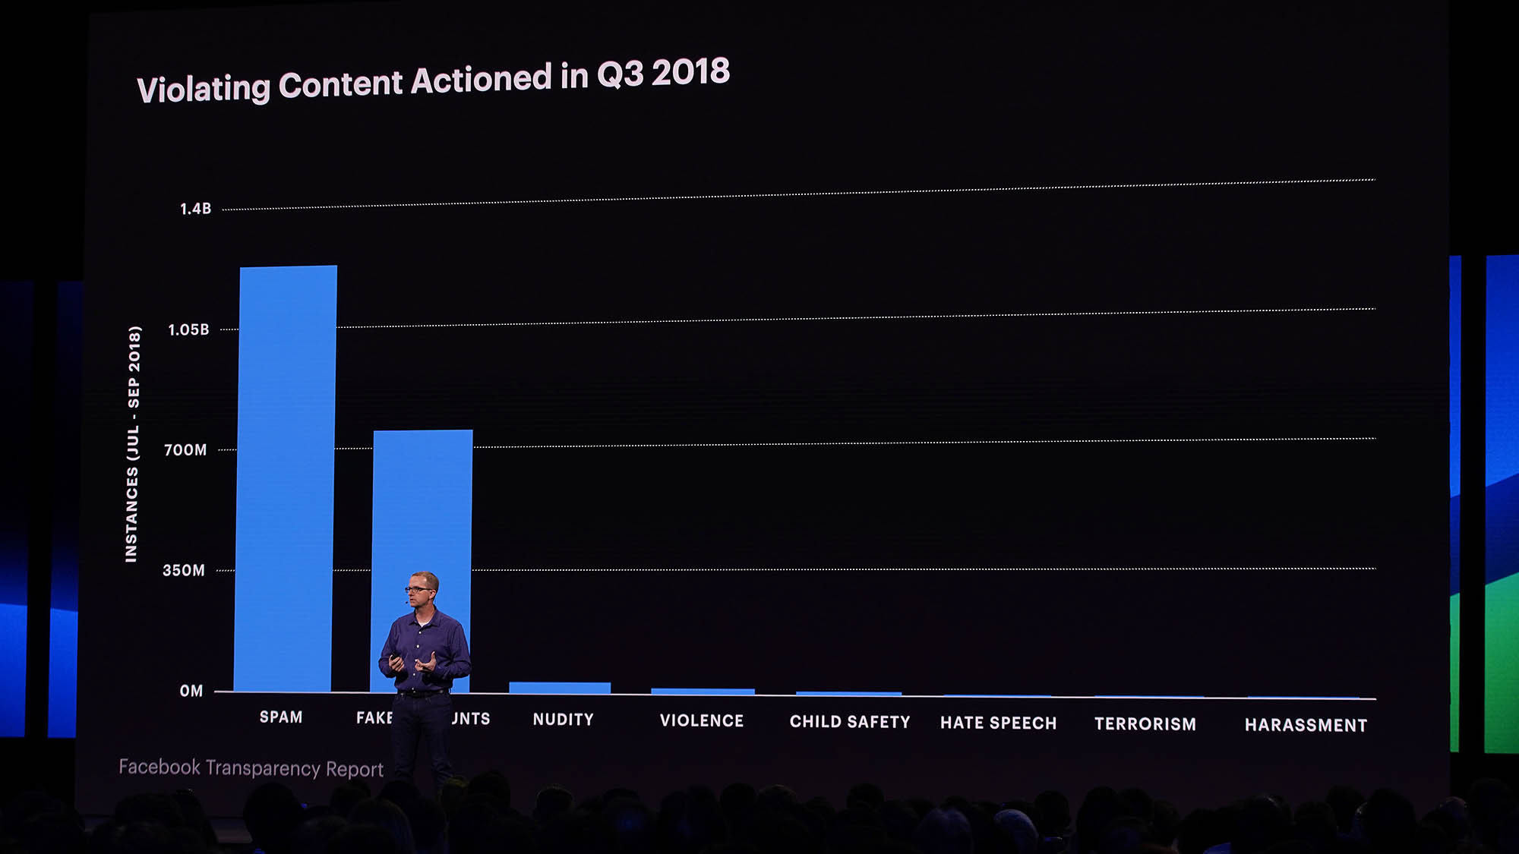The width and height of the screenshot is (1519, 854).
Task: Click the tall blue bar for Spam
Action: click(x=285, y=478)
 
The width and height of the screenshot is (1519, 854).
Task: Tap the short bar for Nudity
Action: click(x=560, y=688)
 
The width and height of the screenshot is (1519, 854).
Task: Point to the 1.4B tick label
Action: click(x=195, y=209)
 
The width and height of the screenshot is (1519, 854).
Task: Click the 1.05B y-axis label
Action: click(x=188, y=329)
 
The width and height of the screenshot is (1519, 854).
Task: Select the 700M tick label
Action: click(x=185, y=450)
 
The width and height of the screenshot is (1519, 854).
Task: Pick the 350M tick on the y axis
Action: click(x=184, y=570)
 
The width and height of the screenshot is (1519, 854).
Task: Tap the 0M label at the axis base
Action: click(x=191, y=691)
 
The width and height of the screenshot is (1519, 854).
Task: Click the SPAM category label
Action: click(x=281, y=717)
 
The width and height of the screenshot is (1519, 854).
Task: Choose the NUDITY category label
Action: click(x=563, y=720)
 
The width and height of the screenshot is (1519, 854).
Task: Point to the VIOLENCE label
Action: click(x=702, y=721)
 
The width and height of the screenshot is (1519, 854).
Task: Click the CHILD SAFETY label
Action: click(x=850, y=722)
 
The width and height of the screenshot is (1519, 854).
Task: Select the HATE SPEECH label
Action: click(x=999, y=723)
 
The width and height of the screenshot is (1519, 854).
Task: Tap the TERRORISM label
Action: click(x=1145, y=724)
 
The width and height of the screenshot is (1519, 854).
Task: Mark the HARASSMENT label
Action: click(x=1306, y=726)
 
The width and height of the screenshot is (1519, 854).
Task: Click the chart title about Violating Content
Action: click(x=433, y=80)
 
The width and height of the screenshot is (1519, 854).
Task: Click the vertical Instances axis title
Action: click(x=133, y=444)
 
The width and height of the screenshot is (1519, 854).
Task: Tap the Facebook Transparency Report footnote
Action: click(x=251, y=768)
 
